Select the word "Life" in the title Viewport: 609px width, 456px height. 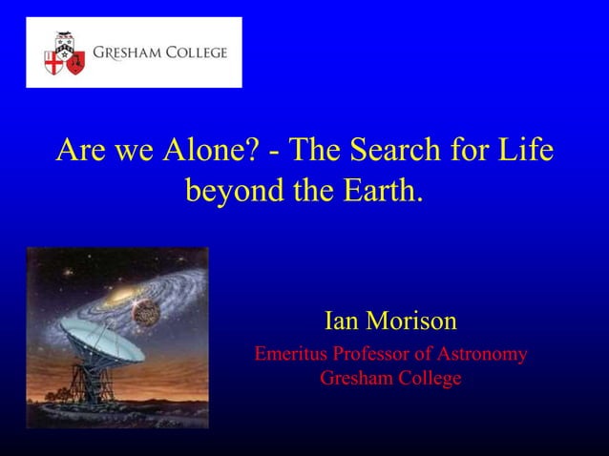click(x=525, y=151)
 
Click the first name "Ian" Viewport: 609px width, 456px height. click(x=341, y=320)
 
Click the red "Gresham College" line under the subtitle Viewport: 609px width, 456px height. click(x=389, y=379)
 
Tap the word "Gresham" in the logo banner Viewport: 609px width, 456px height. click(x=126, y=52)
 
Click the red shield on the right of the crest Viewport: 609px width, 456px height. click(x=74, y=62)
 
